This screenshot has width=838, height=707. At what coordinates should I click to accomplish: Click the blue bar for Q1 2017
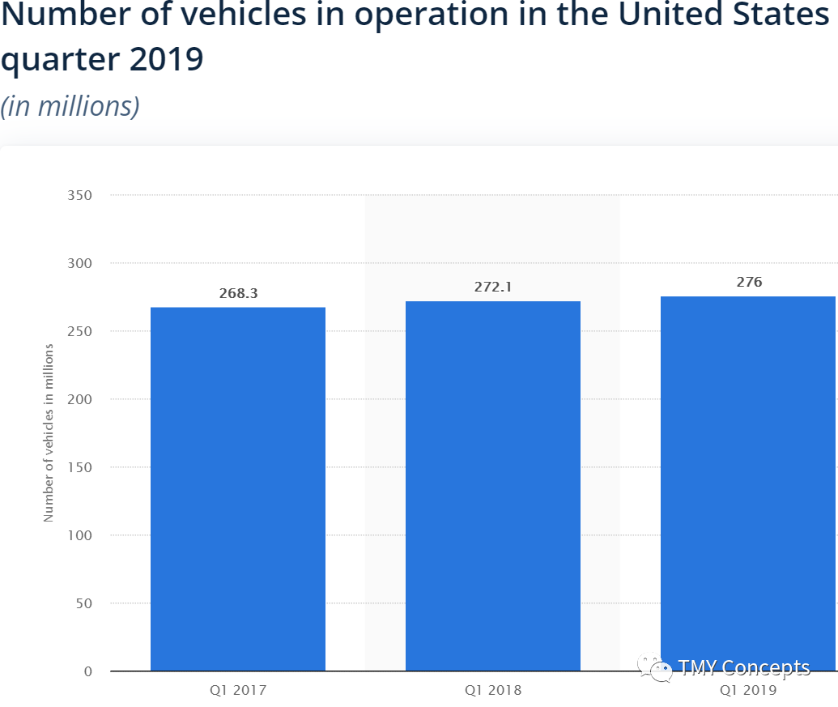coord(238,489)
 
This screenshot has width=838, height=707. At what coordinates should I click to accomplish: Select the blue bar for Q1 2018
coord(493,486)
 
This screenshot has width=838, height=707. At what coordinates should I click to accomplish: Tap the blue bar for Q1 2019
coord(748,483)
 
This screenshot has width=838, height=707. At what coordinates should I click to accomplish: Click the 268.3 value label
coord(238,293)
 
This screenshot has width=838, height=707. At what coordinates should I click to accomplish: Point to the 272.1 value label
coord(493,287)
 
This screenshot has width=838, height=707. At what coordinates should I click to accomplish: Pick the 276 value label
coord(749,282)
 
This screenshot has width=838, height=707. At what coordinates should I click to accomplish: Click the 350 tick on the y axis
coord(79,196)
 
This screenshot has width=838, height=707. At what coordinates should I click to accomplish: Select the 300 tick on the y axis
coord(79,263)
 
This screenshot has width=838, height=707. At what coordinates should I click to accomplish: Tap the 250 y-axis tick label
coord(79,331)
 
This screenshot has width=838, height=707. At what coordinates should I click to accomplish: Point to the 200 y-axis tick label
coord(79,399)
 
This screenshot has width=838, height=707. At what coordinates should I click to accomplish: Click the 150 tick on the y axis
coord(79,467)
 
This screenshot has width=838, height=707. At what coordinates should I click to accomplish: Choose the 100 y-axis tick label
coord(79,535)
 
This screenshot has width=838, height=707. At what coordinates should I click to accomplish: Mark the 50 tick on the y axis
coord(84,603)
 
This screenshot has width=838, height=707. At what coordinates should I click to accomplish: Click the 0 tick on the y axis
coord(88,671)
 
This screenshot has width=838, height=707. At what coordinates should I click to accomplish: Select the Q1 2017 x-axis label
coord(238,691)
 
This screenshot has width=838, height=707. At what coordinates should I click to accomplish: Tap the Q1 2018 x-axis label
coord(493,691)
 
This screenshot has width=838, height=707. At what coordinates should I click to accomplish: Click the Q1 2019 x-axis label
coord(748,691)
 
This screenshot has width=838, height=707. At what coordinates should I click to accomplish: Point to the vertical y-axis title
coord(49,432)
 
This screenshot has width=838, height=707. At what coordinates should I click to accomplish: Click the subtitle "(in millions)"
coord(70,106)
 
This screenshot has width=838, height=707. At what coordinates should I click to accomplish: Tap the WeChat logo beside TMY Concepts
coord(655,667)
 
